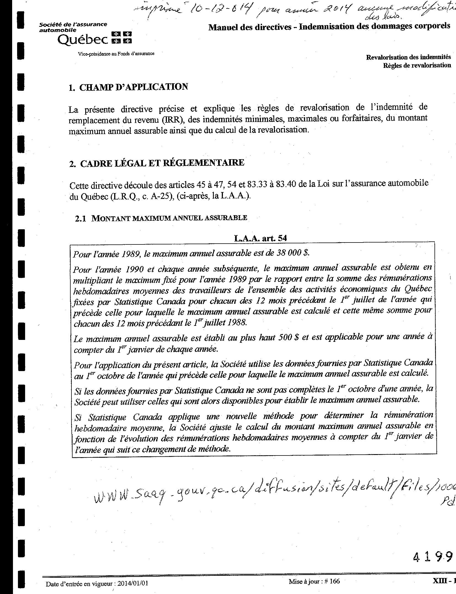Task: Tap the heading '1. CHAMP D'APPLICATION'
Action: click(128, 87)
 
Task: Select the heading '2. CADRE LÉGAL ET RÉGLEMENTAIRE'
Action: click(157, 163)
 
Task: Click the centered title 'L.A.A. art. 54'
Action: click(261, 238)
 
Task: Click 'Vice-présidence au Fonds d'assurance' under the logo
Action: click(116, 54)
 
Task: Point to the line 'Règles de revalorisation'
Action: click(417, 65)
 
